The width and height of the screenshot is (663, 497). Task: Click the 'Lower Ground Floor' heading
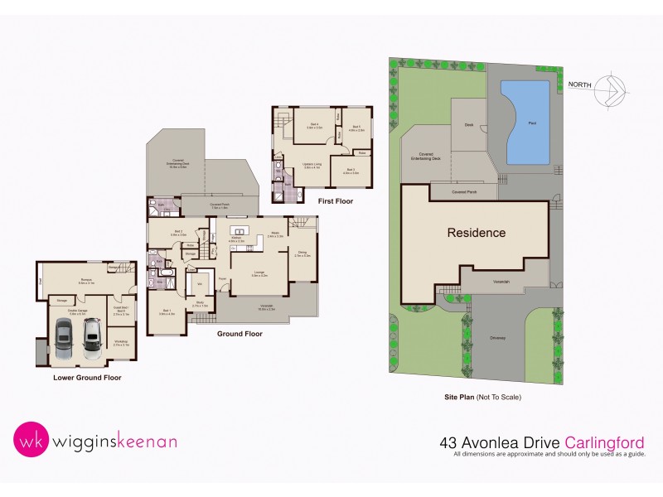tap(87, 378)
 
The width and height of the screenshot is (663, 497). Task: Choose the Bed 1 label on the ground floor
tap(167, 312)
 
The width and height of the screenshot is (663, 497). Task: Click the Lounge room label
tap(259, 273)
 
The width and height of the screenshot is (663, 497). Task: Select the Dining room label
tap(302, 253)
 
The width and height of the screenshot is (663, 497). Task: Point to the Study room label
tap(200, 305)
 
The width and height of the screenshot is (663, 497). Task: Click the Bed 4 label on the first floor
tap(314, 126)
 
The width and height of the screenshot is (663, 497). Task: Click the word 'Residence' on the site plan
tap(477, 233)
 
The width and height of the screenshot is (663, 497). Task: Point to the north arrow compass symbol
tap(612, 89)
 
